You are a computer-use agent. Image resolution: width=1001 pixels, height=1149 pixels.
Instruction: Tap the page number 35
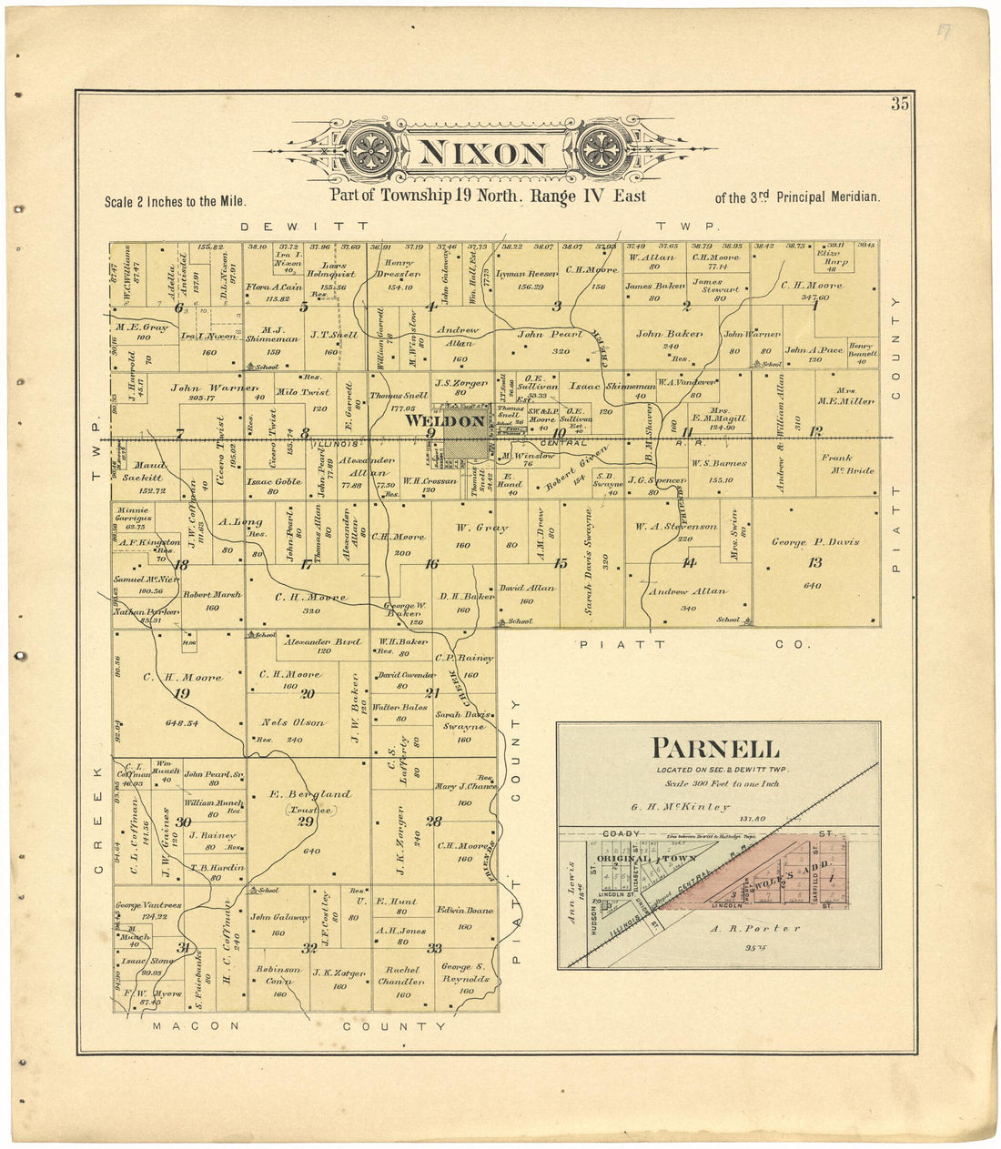point(899,104)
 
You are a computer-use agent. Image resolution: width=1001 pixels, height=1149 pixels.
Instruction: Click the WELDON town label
point(445,421)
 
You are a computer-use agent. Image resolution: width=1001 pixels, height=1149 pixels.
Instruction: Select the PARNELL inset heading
point(716,749)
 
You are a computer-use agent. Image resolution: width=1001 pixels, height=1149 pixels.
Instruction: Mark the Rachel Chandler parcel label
point(401,975)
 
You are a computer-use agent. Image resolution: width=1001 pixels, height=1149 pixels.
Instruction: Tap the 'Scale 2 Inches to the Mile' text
point(176,201)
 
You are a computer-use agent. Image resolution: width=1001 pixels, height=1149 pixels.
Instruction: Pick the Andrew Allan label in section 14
point(687,591)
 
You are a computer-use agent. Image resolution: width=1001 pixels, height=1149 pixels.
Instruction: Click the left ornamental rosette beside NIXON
point(372,146)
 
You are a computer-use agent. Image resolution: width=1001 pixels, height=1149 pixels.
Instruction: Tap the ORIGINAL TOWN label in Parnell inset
point(646,858)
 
